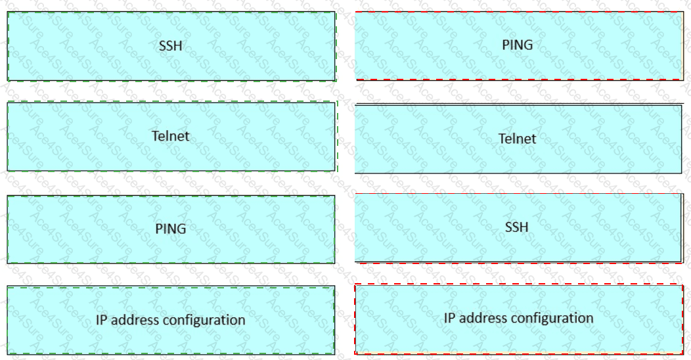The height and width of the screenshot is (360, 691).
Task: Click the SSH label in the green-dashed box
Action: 171,46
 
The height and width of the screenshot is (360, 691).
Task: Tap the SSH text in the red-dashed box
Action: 516,227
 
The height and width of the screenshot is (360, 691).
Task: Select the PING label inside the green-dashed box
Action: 171,229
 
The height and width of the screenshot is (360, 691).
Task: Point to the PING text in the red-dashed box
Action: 518,45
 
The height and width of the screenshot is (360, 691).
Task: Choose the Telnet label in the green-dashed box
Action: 171,136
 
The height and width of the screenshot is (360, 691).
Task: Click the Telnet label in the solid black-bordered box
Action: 518,139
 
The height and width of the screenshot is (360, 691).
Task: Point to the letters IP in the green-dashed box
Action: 101,320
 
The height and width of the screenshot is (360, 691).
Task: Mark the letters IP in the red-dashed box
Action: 449,318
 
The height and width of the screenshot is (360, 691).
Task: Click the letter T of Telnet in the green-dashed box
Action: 156,136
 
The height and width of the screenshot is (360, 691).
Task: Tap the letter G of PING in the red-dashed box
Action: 528,45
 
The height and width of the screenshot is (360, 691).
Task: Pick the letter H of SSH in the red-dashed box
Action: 524,227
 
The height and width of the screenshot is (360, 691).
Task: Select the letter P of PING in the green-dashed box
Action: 159,229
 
